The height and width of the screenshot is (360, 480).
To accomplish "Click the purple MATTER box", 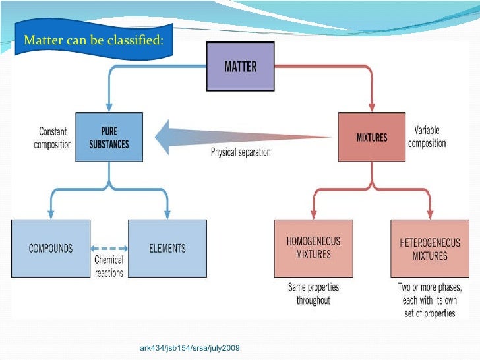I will pyautogui.click(x=240, y=67).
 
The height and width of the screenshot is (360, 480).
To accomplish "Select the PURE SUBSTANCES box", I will pyautogui.click(x=108, y=137).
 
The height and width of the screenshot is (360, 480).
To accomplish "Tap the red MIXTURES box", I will pyautogui.click(x=371, y=137).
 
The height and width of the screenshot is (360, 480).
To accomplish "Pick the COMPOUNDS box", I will pyautogui.click(x=51, y=248).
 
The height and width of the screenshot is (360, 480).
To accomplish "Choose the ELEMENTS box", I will pyautogui.click(x=167, y=248).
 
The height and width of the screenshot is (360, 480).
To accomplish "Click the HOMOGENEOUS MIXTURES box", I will pyautogui.click(x=313, y=248).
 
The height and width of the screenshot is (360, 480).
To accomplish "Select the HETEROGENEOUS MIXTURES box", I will pyautogui.click(x=429, y=248).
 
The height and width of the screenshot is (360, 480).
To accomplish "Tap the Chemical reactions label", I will pyautogui.click(x=109, y=266).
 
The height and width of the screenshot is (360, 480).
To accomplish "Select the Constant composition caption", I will pyautogui.click(x=53, y=138).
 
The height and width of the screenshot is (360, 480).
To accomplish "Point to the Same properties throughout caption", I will pyautogui.click(x=313, y=294).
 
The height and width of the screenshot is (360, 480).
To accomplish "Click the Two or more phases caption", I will pyautogui.click(x=429, y=301).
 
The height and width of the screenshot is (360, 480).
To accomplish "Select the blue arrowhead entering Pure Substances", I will pyautogui.click(x=108, y=107).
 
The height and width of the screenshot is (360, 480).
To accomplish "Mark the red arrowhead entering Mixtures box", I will pyautogui.click(x=371, y=107).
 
